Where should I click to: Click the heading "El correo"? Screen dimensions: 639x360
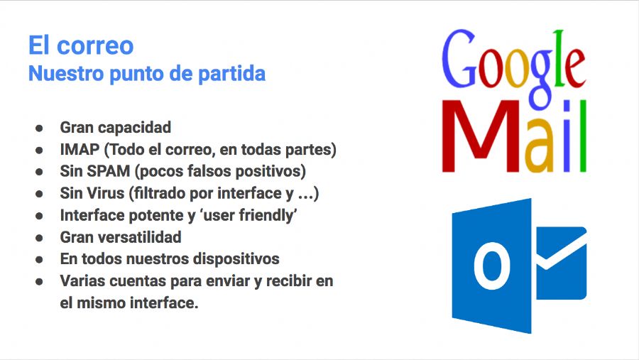coord(81,45)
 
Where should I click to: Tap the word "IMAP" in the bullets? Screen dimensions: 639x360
coord(80,149)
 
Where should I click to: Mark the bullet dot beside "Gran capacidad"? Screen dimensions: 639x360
coord(39,128)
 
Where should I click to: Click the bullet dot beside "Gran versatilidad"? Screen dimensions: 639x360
coord(39,238)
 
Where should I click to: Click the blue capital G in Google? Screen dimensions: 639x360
coord(459,59)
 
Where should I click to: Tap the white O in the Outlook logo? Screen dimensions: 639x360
coord(492,266)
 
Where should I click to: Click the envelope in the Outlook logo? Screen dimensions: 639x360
coord(561,263)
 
